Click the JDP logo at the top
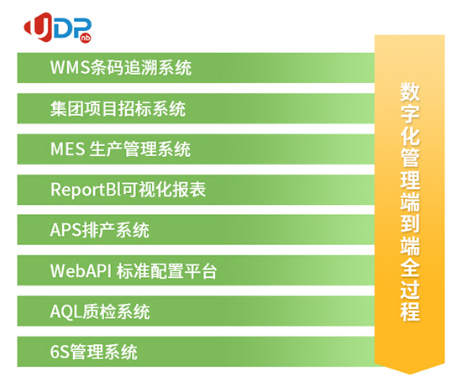pos(58,28)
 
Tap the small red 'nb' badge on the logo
pos(86,38)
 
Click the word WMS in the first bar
pos(70,67)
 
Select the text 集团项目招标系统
pos(118,108)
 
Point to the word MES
pos(67,149)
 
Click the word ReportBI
pos(86,190)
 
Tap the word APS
pos(66,230)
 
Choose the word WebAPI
pos(81,270)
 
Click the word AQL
pos(66,311)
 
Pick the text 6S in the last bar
pos(60,352)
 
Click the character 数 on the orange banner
pos(410,92)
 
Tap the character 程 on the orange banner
pos(410,311)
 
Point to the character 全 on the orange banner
pos(410,268)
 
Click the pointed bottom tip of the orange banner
pos(410,374)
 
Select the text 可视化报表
pos(164,189)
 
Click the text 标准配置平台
pos(167,270)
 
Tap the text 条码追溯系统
pos(141,67)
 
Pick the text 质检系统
pos(116,311)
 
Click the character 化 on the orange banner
pos(410,136)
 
